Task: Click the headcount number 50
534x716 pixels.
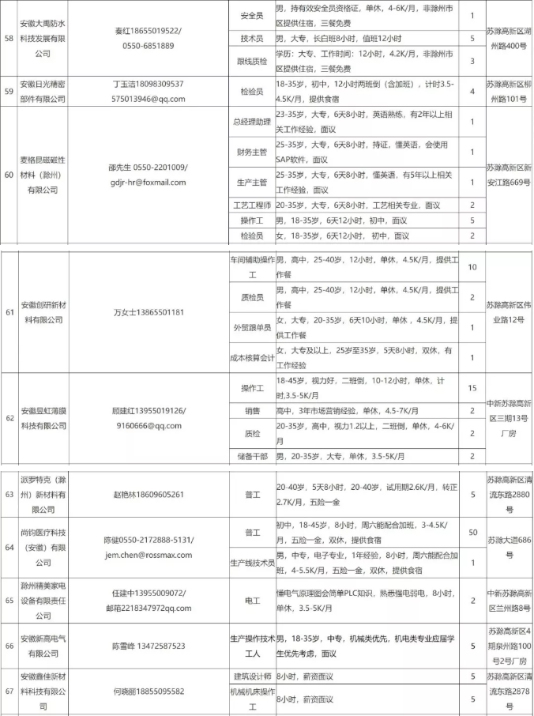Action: pos(472,533)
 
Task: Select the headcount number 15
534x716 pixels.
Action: pos(472,388)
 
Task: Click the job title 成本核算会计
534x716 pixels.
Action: pos(251,356)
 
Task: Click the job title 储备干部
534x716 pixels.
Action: pos(251,456)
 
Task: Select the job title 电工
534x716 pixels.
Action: pos(251,601)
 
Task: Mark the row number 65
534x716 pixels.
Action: pos(9,601)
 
